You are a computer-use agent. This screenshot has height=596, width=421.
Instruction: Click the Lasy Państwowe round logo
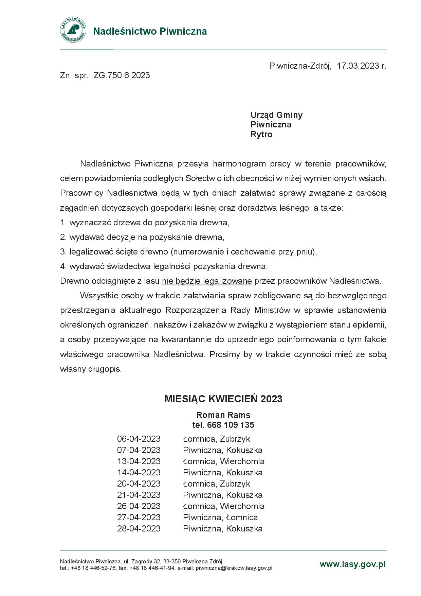(x=73, y=30)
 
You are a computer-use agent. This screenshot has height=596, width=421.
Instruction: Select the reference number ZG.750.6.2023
(x=122, y=75)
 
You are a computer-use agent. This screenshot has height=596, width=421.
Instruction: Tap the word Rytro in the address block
(x=261, y=135)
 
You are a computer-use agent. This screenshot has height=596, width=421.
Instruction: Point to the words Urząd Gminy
(x=276, y=115)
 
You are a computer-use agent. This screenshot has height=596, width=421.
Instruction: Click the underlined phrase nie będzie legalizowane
(x=207, y=281)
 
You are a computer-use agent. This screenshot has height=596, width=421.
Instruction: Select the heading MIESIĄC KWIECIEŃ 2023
(x=223, y=399)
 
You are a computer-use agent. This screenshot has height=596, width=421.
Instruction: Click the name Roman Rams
(x=223, y=415)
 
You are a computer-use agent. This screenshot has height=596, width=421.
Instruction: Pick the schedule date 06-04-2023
(x=139, y=439)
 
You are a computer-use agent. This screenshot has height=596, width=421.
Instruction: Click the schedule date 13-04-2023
(x=139, y=461)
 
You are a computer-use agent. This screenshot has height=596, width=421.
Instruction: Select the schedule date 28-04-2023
(x=139, y=529)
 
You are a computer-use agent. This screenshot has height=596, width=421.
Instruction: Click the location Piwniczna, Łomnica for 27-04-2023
(x=220, y=518)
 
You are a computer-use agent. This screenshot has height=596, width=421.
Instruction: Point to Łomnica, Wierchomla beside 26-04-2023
(x=223, y=506)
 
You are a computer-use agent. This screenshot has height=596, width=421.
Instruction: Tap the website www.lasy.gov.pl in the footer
(x=352, y=564)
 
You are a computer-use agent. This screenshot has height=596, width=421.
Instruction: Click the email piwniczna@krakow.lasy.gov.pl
(x=234, y=568)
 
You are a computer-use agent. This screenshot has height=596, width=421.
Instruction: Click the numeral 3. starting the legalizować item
(x=63, y=252)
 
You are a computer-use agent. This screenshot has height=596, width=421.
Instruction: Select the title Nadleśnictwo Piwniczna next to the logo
(x=150, y=31)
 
